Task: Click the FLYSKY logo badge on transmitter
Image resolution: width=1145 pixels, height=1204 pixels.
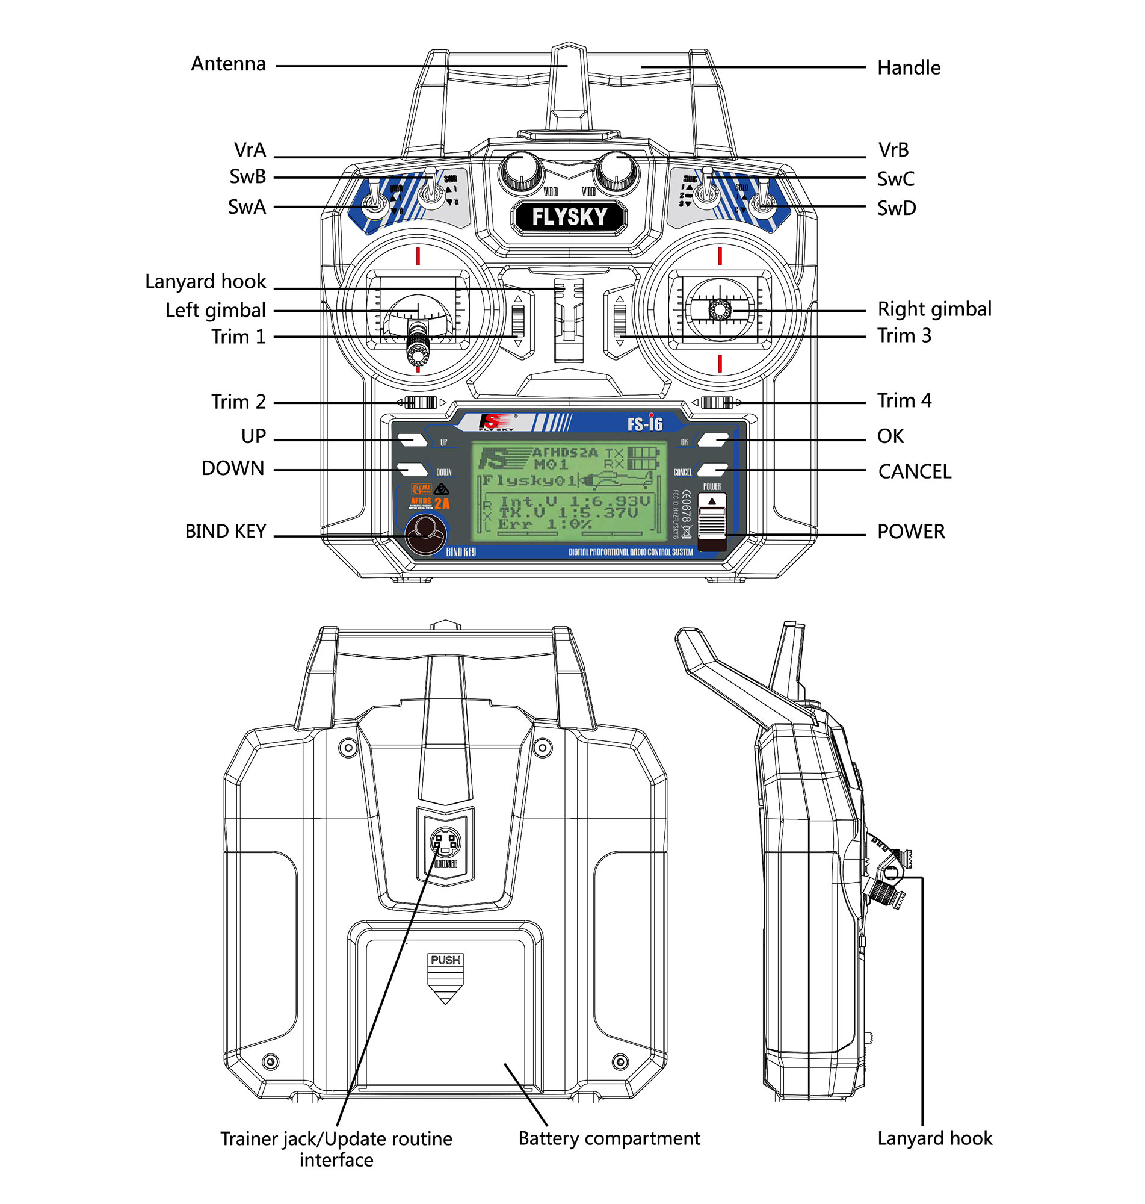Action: pos(569,217)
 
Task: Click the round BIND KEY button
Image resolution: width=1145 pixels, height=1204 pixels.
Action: pos(425,534)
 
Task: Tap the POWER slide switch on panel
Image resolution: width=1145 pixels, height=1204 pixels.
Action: pos(711,523)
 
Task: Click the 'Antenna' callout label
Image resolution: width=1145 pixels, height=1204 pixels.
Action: pos(228,64)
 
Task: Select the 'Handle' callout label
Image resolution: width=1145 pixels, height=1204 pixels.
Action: pos(908,68)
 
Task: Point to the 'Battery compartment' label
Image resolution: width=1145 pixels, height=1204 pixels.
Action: pos(608,1138)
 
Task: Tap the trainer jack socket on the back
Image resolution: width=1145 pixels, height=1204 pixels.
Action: pos(445,843)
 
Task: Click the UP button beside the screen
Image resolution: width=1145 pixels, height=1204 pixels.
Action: pos(413,439)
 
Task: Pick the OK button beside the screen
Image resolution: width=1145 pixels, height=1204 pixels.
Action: pos(712,439)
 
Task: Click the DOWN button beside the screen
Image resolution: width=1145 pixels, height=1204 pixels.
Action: pos(413,469)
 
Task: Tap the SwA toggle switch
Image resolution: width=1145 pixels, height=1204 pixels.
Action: pos(374,205)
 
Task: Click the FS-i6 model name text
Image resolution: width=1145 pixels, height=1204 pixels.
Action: pos(644,423)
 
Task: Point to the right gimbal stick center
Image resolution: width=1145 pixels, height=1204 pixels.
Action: pos(720,309)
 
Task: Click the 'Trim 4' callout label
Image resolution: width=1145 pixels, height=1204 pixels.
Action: pos(904,400)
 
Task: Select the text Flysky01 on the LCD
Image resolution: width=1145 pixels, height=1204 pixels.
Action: pos(528,480)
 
